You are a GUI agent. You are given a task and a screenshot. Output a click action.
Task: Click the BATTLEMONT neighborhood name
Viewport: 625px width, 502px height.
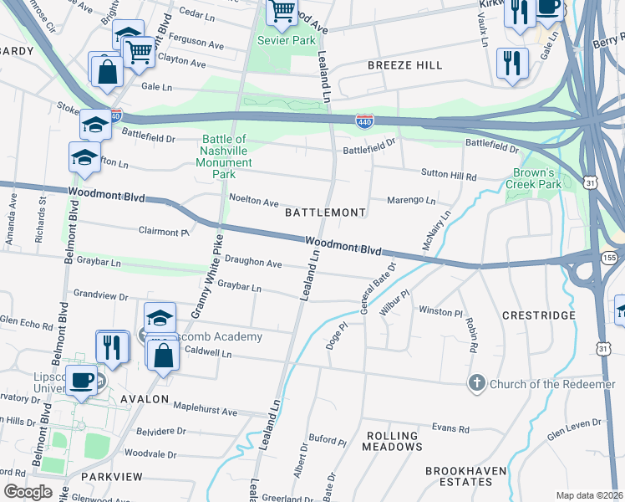coord(325,213)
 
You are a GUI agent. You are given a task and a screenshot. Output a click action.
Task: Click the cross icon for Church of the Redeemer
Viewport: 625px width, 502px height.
coord(477,383)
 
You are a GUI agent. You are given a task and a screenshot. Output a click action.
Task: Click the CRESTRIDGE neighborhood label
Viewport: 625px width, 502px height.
coord(539,315)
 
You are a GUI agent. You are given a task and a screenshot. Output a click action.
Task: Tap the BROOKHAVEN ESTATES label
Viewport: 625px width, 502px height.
coord(465,476)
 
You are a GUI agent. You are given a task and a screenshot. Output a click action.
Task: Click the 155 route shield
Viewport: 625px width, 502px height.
coord(609,259)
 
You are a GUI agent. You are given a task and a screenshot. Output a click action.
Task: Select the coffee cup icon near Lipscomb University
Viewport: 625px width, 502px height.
coord(82,379)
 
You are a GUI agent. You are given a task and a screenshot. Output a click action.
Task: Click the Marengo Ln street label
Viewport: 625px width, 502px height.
coord(411,201)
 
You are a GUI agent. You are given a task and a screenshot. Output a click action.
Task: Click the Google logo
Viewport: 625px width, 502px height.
coord(27,492)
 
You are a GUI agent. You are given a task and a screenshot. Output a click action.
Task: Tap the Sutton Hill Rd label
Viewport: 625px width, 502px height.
coord(448,177)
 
